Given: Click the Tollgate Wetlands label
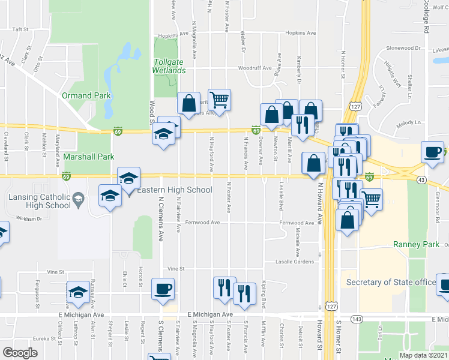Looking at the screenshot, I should click(x=169, y=66).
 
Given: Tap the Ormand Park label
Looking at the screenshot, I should click(x=86, y=95).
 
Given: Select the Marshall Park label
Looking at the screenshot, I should click(x=89, y=157).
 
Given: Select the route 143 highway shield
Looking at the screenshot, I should click(x=357, y=319).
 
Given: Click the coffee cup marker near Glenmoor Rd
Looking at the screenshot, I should click(x=433, y=152).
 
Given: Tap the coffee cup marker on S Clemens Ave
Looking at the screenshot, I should click(x=163, y=289).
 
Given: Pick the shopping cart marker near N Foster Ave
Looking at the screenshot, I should click(x=220, y=100).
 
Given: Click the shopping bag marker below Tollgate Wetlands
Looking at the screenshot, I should click(x=189, y=103).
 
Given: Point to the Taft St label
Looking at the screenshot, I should click(x=21, y=29).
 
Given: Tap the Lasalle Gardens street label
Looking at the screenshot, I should click(x=295, y=262).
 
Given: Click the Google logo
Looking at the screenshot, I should click(x=19, y=353).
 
